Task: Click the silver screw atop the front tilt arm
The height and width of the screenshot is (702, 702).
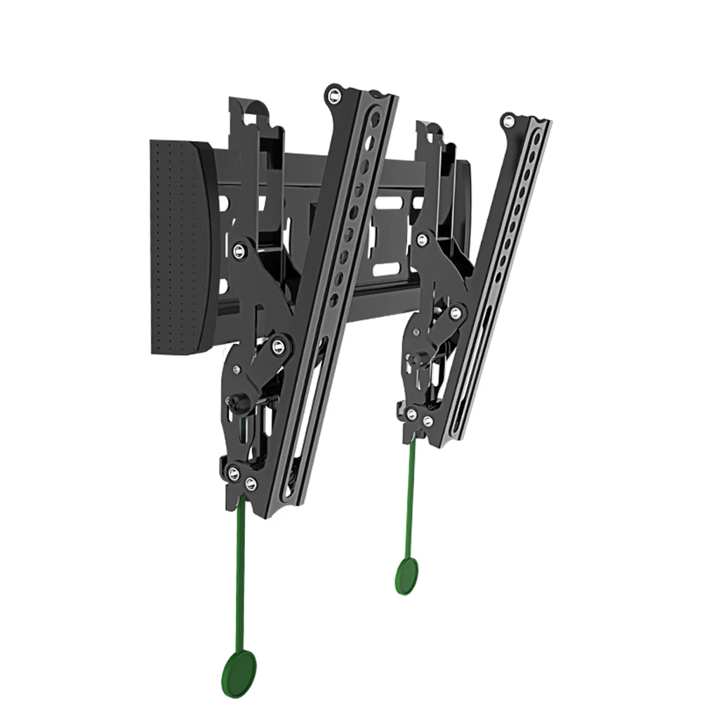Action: coord(334,93)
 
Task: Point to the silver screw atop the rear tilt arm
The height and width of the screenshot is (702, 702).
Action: coord(508,121)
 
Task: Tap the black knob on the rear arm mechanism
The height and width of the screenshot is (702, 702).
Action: coord(415,359)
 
